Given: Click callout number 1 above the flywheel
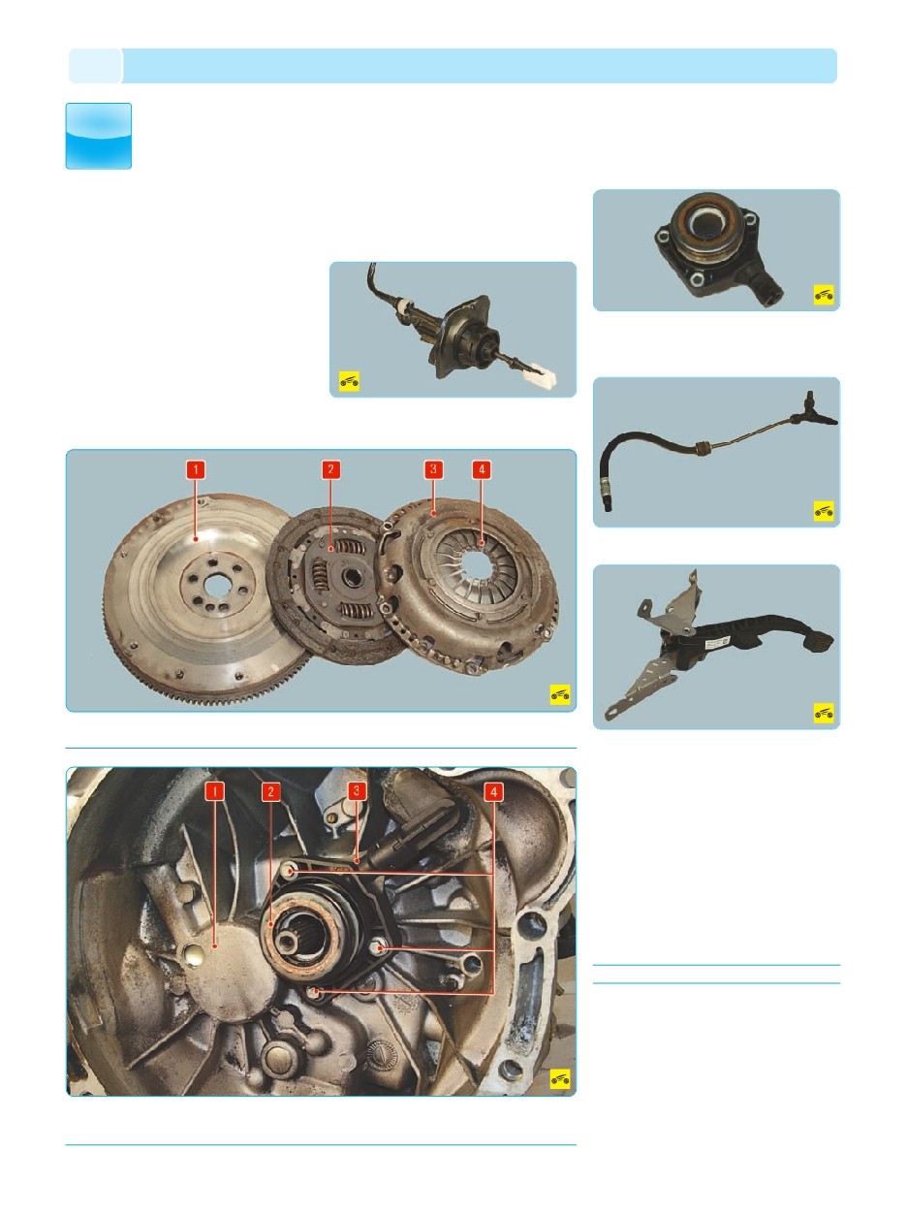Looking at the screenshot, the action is (196, 469).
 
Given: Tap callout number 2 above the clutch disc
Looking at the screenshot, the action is (330, 469).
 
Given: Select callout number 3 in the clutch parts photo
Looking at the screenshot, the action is (433, 469).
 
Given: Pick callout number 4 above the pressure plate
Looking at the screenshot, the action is (482, 469).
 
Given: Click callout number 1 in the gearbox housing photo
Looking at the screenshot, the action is (215, 791).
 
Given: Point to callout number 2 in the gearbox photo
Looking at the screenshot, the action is (270, 791).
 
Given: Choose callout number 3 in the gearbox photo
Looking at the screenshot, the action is (357, 791).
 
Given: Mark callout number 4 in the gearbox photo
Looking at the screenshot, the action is (493, 791).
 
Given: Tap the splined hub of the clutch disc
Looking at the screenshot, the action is (351, 578).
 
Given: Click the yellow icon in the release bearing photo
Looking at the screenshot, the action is (824, 296).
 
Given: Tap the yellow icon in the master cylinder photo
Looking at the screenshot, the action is (349, 381).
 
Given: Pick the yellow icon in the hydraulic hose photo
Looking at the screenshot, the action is (824, 511).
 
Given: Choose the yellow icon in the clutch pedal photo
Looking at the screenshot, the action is (824, 713).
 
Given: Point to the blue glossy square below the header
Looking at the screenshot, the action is (99, 136).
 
